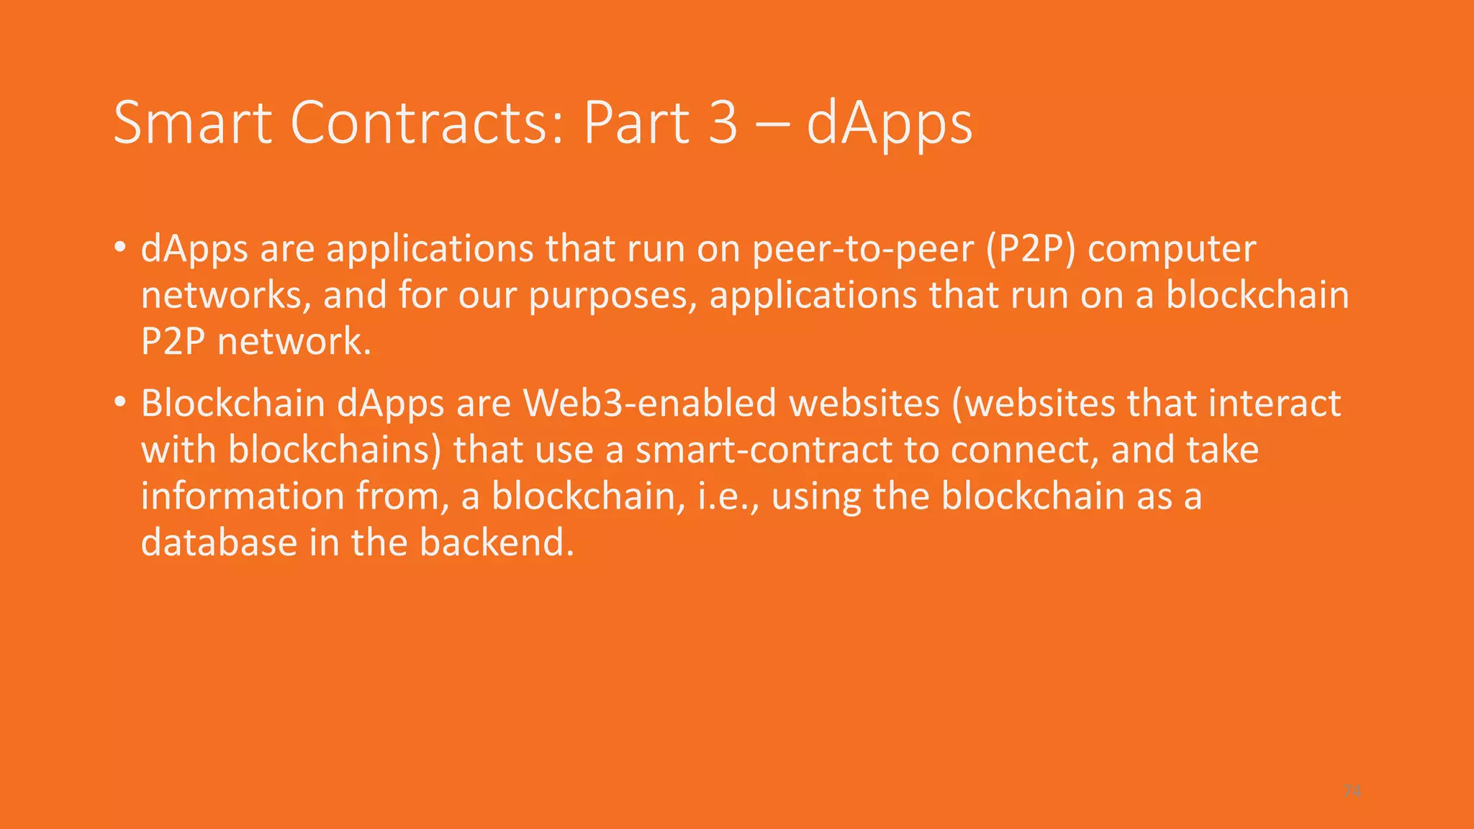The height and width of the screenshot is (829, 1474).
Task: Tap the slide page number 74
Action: click(1352, 791)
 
